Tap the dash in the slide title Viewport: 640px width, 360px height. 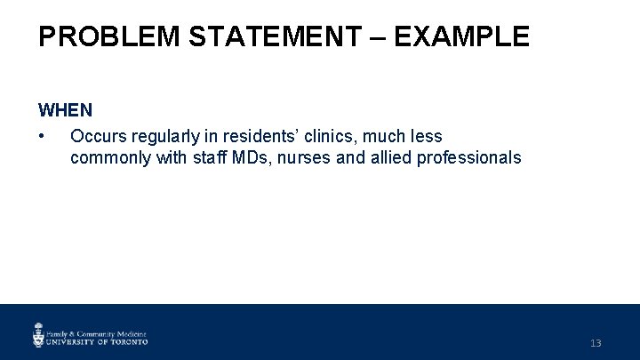(378, 36)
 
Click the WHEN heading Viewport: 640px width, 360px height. (65, 111)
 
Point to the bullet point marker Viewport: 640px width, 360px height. (42, 137)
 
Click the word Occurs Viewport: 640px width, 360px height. (96, 137)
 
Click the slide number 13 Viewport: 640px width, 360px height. (595, 342)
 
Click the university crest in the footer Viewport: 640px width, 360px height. (38, 334)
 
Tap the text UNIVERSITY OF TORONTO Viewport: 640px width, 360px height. (97, 340)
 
